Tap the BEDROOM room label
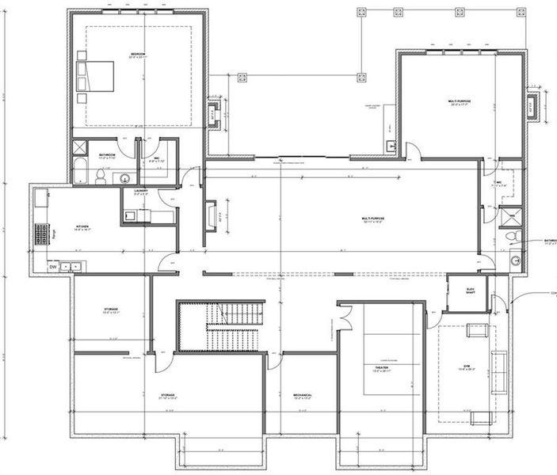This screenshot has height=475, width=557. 139,55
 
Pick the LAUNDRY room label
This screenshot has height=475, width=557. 141,192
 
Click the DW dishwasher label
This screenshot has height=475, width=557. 53,267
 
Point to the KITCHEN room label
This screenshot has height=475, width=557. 83,227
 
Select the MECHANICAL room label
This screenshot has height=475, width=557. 301,396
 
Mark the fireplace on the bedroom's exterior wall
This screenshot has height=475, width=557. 214,113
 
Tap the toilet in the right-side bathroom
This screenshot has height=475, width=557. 512,236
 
